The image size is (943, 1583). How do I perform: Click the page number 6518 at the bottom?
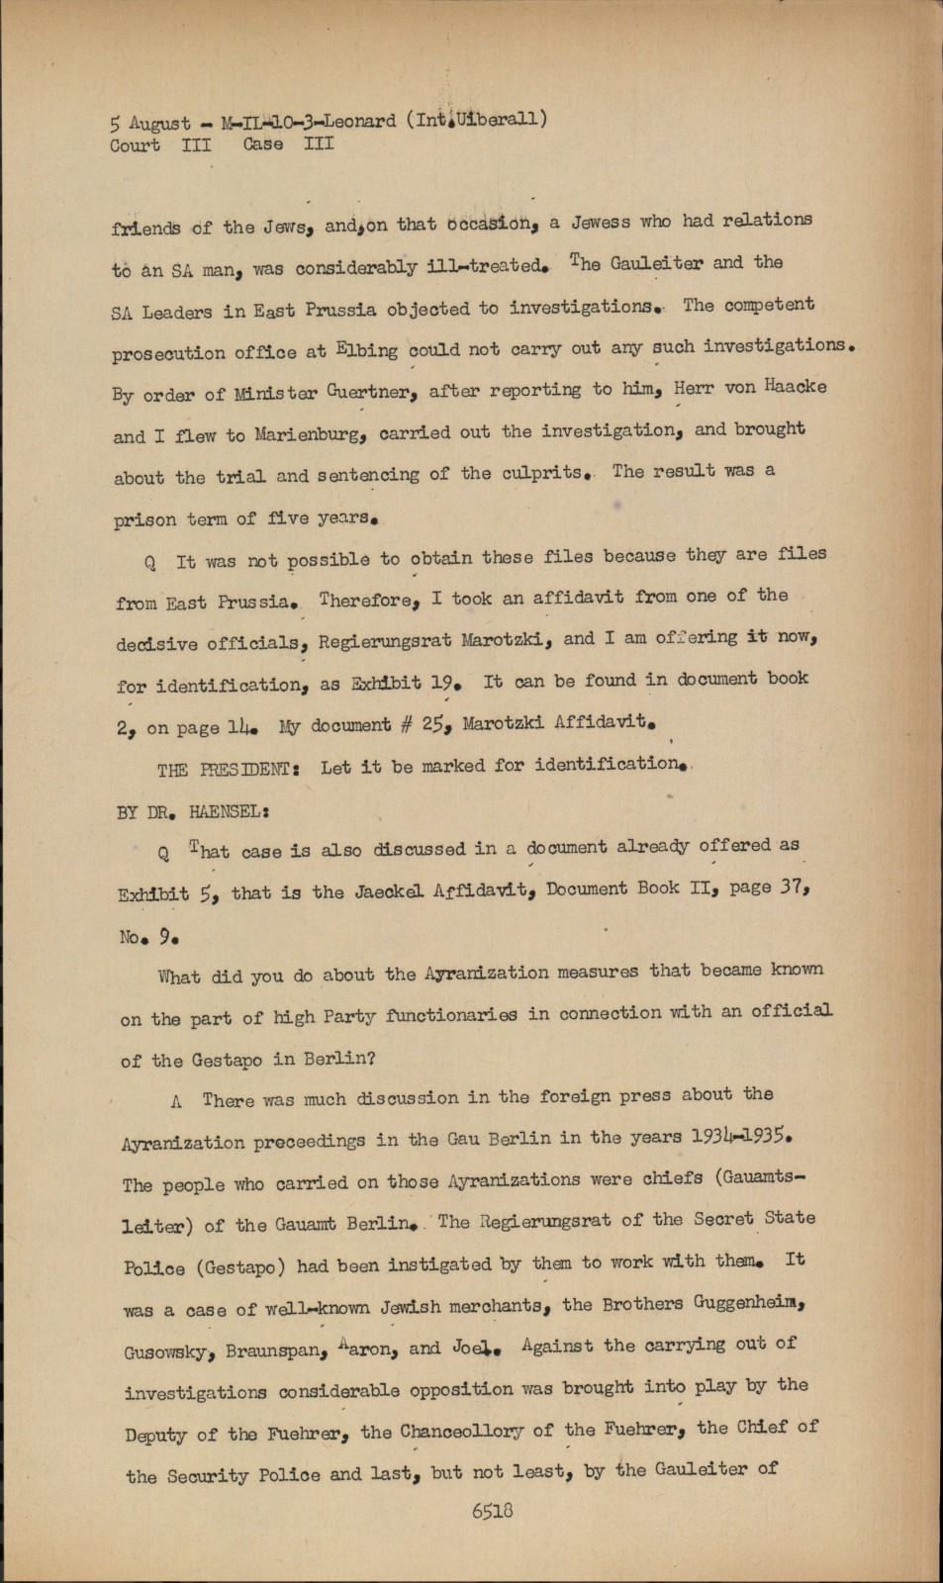coord(492,1511)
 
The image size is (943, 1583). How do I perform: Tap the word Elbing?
coord(366,349)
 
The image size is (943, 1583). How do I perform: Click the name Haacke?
coord(798,387)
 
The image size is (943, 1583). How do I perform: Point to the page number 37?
coord(795,886)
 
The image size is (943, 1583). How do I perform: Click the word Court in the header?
coord(135,145)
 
